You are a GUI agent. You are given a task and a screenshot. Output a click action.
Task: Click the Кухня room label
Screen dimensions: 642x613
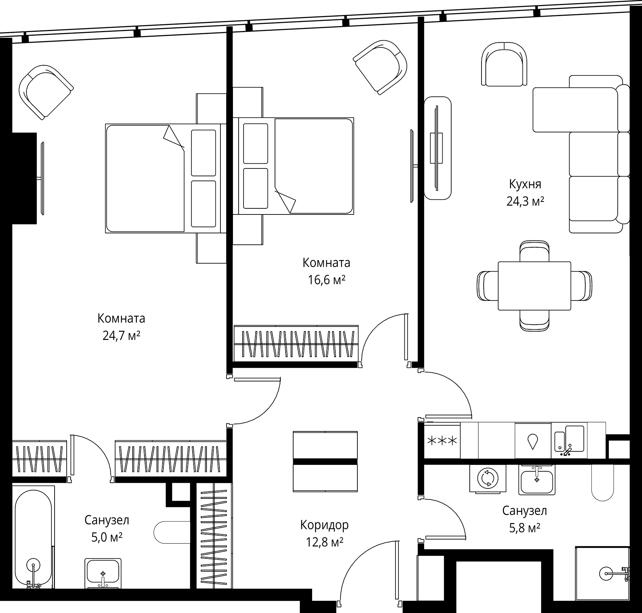525,184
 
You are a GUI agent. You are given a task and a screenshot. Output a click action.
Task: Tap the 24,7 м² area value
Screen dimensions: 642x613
121,336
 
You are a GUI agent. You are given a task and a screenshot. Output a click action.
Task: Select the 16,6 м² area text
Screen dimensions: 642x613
326,280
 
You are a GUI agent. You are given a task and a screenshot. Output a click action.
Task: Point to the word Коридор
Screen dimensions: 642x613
324,525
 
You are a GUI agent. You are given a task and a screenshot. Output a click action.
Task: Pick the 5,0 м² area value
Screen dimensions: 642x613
107,537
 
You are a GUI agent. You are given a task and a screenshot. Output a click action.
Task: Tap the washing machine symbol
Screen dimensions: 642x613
488,479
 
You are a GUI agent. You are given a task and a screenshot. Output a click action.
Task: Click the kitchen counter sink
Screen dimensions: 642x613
569,441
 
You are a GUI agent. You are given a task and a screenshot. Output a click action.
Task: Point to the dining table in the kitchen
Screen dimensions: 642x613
534,286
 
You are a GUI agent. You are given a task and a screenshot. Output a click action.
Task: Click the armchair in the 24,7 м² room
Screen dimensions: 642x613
46,92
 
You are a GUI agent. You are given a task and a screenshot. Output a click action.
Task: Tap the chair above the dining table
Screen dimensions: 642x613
534,251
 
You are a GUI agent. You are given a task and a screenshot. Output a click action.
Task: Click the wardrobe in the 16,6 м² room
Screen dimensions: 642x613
296,343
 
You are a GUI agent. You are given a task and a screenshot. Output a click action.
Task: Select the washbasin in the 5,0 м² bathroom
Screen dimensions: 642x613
103,573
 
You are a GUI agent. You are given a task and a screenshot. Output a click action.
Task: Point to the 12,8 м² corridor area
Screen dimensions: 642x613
325,542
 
